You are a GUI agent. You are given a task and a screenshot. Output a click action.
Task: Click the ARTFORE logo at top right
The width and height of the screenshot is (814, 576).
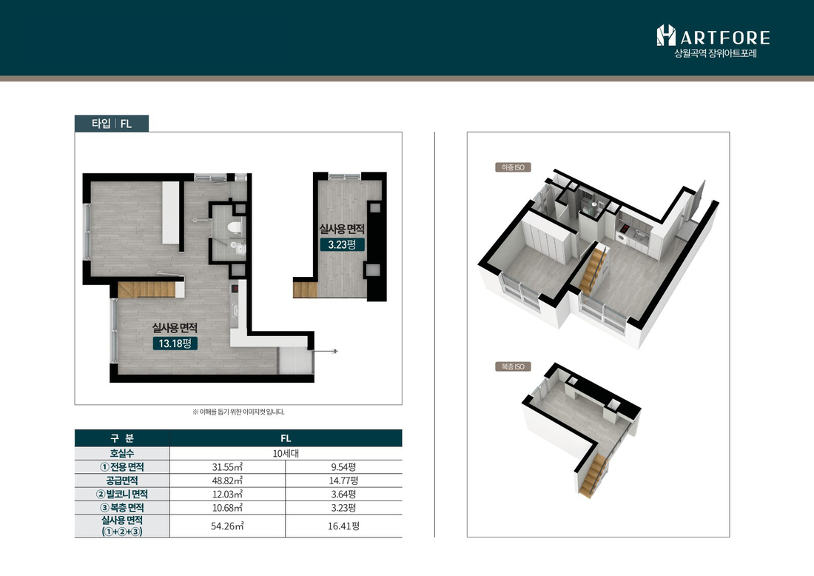[x=713, y=41]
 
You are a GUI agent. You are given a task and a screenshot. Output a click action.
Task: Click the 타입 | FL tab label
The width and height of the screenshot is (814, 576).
[x=112, y=124]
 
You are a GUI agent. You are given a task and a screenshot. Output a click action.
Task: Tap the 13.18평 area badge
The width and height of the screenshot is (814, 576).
[x=175, y=344]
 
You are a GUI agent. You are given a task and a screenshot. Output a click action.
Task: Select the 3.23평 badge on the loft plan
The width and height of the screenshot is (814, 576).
[x=342, y=244]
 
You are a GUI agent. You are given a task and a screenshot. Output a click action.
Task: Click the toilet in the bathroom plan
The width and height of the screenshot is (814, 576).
[x=234, y=227]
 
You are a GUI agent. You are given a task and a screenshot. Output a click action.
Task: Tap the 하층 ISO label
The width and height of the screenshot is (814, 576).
[x=513, y=167]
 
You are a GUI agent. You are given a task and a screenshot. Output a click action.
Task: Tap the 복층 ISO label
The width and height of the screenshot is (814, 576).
[x=513, y=366]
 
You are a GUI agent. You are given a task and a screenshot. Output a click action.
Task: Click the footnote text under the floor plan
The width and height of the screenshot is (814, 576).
[x=238, y=412]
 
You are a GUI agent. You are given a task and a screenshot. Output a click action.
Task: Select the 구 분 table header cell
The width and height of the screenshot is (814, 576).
[x=122, y=438]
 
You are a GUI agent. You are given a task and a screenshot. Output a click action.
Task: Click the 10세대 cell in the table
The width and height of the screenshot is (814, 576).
[x=286, y=453]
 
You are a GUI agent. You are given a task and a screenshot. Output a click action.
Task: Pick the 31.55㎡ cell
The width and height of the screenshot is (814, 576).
[x=227, y=467]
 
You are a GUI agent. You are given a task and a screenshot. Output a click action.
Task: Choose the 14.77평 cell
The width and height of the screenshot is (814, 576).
[x=343, y=480]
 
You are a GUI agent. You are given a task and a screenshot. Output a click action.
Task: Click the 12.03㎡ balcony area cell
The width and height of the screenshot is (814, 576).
[x=227, y=494]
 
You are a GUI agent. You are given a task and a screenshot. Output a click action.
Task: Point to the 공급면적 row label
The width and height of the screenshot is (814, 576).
[x=122, y=480]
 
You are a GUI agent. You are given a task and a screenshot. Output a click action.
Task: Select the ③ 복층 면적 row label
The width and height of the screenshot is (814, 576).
[x=122, y=507]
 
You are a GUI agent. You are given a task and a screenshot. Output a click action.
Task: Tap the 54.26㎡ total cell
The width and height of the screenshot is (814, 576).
[x=227, y=526]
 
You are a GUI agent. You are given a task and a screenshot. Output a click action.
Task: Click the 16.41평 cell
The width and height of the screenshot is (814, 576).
[x=343, y=526]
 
